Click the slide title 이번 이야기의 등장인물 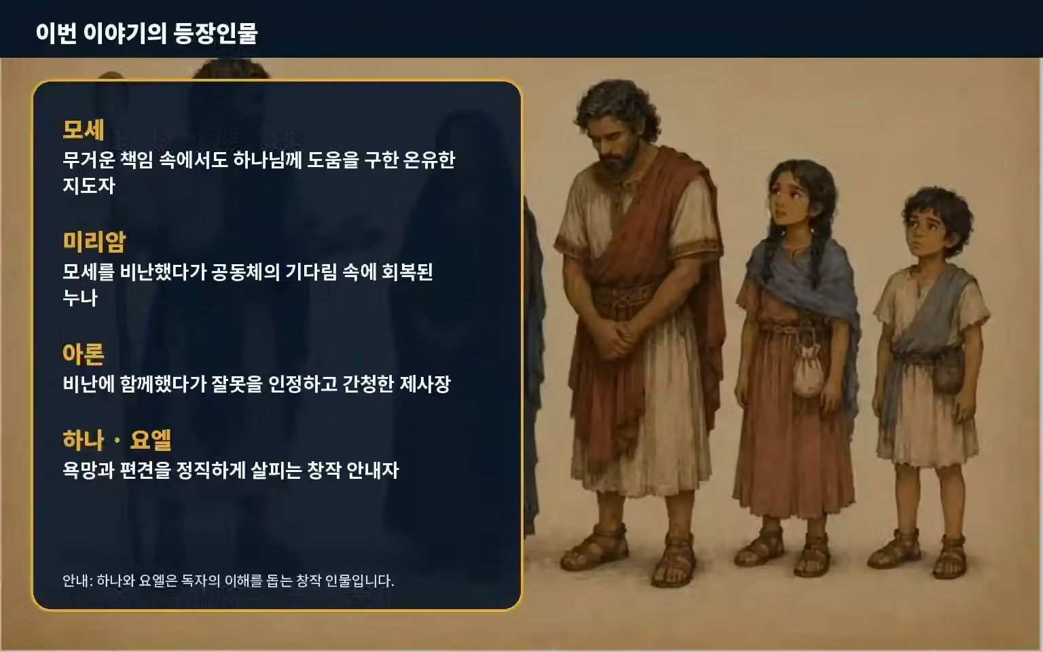[147, 33]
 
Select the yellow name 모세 [84, 130]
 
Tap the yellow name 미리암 [94, 242]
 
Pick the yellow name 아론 [84, 354]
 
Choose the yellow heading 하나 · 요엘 [117, 440]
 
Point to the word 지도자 [89, 185]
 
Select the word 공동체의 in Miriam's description [245, 272]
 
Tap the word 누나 [80, 297]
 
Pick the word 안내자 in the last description [373, 471]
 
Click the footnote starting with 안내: [228, 581]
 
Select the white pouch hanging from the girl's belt [808, 373]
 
